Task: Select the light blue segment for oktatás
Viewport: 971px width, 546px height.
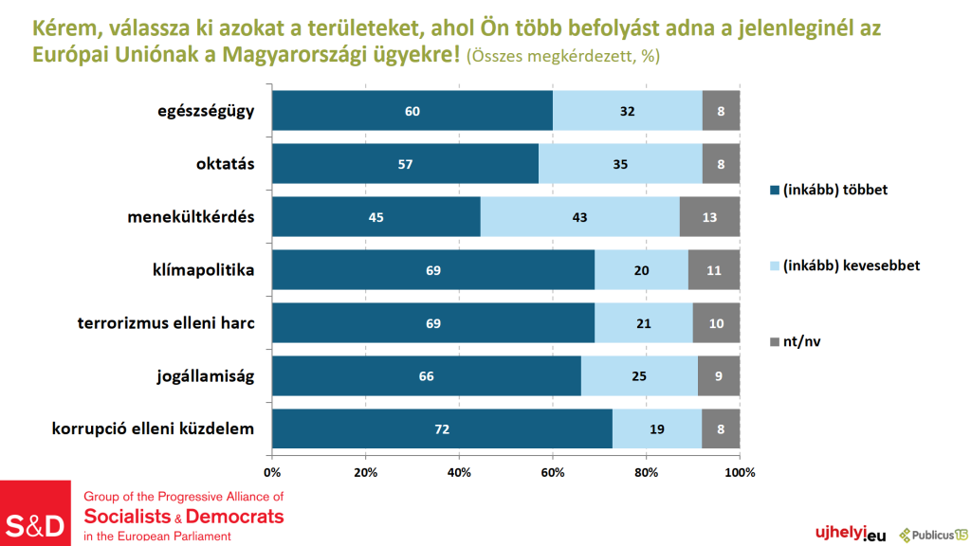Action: tap(620, 164)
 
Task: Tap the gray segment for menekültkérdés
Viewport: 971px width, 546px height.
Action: tap(709, 217)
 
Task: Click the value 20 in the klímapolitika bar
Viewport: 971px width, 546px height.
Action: tap(642, 270)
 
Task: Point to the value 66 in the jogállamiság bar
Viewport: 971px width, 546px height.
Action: tap(426, 376)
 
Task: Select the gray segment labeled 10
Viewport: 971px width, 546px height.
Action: tap(716, 323)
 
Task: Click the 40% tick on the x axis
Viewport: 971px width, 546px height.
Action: tap(459, 472)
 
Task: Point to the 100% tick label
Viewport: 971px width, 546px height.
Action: tap(740, 472)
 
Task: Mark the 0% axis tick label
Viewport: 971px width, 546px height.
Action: tap(272, 472)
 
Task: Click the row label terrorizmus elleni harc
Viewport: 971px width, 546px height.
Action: tap(167, 323)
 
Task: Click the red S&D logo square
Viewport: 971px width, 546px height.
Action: tap(36, 513)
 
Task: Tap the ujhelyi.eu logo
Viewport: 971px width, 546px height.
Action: tap(844, 535)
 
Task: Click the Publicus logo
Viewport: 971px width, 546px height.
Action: tap(933, 535)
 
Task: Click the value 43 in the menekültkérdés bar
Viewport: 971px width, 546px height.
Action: tap(580, 217)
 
